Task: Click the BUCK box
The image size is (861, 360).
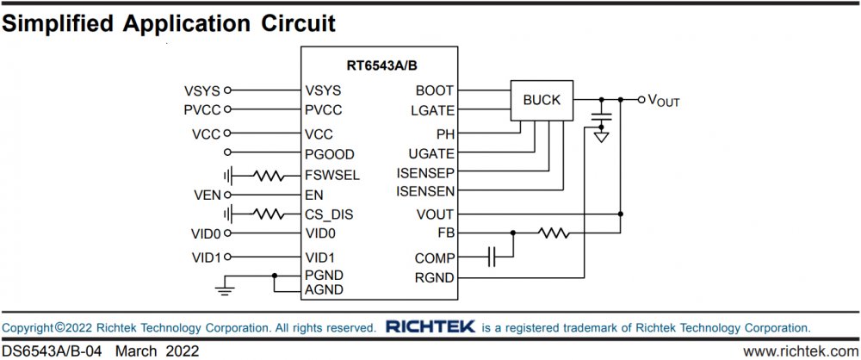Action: coord(541,101)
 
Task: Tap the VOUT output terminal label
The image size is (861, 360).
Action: coord(664,101)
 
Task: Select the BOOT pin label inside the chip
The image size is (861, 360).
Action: coord(434,90)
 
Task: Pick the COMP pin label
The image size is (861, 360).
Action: coord(433,257)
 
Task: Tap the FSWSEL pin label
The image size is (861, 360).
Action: coord(331,176)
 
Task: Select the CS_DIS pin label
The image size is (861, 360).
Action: coord(329,214)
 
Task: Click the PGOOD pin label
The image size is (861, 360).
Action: coord(329,155)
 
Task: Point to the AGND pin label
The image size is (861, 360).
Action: coord(324,290)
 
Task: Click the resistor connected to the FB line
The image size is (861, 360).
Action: coord(554,233)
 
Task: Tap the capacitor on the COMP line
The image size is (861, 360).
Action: coord(492,257)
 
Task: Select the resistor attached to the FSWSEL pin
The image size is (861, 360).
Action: coord(269,176)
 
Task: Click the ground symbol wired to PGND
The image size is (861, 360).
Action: coord(225,289)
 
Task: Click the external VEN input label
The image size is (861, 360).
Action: coord(207,196)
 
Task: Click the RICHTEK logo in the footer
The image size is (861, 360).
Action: coord(429,327)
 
